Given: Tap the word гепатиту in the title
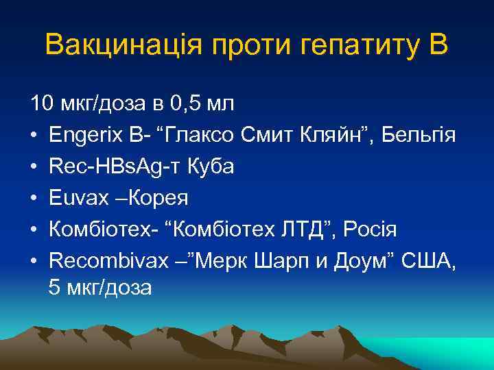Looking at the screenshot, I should pos(356,45).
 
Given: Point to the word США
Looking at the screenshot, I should pos(432,260).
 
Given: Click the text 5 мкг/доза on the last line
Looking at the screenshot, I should pos(99,288).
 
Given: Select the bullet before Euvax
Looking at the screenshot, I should pos(34,198).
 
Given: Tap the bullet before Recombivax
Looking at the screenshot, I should pos(34,261).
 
